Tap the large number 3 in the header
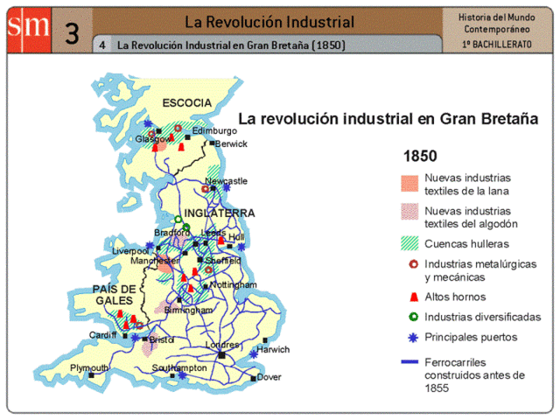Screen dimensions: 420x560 point(72,32)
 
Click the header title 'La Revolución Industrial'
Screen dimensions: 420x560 point(269,21)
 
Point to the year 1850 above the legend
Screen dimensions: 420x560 point(420,157)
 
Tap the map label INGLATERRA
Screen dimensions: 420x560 point(220,213)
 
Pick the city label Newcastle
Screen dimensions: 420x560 point(226,181)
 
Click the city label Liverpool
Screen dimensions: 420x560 point(130,251)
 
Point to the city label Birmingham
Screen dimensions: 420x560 point(187,310)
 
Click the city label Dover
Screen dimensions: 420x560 point(269,378)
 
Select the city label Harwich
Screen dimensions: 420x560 point(272,348)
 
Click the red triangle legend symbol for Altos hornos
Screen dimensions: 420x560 point(407,297)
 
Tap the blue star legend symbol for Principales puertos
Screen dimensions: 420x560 point(407,337)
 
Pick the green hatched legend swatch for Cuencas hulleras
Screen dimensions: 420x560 point(408,243)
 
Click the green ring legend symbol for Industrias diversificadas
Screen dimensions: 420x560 point(407,317)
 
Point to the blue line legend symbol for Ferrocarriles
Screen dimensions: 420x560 point(407,360)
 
